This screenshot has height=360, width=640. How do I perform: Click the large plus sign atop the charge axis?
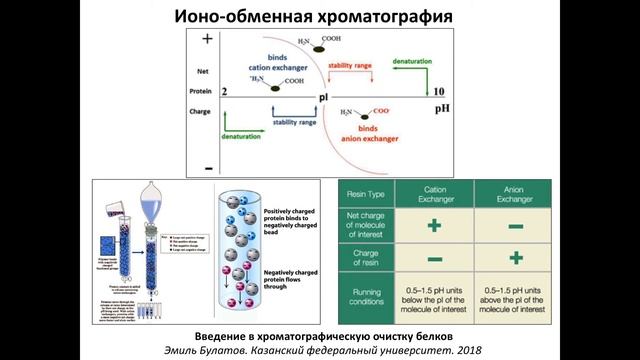208,39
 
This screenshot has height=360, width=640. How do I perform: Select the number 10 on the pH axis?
437,91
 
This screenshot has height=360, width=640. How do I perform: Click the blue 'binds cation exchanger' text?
272,62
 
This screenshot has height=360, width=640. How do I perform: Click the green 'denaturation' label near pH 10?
412,62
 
